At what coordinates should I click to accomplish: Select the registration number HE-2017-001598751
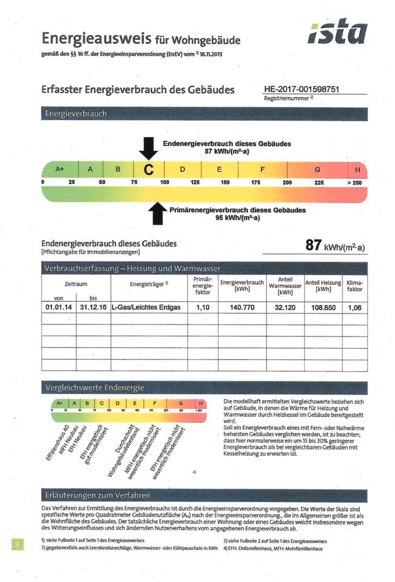(x=302, y=89)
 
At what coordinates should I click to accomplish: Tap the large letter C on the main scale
(x=147, y=170)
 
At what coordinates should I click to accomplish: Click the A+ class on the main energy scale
(x=60, y=170)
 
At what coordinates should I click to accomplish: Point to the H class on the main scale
(x=357, y=170)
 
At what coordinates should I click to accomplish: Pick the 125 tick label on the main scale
(x=195, y=182)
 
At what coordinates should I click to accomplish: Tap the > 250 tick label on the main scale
(x=354, y=182)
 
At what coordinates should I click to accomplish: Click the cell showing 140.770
(x=241, y=307)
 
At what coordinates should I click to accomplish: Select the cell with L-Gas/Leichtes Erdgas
(x=146, y=307)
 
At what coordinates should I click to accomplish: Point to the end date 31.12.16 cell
(x=93, y=307)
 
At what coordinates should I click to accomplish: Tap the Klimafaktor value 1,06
(x=354, y=307)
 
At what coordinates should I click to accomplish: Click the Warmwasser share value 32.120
(x=285, y=307)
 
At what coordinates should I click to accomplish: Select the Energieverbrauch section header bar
(x=204, y=113)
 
